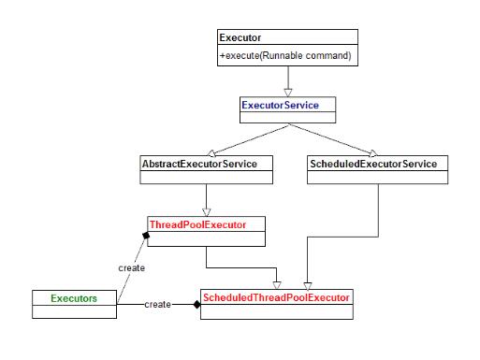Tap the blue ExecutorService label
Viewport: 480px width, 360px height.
(280, 106)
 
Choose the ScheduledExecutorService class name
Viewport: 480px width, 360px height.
(371, 165)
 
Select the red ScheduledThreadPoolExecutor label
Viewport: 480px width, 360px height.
(275, 297)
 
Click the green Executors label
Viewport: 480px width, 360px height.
(58, 297)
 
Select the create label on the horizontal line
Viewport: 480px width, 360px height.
(158, 305)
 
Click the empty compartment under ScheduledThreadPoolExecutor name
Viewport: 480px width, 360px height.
(276, 312)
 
